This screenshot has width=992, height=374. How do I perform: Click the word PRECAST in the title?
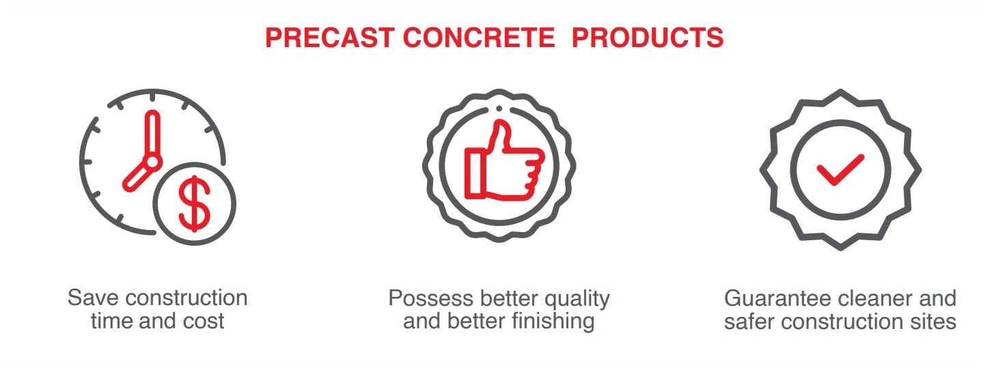329,38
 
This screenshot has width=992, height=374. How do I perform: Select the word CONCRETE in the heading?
479,38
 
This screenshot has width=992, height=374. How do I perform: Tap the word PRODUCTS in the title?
648,38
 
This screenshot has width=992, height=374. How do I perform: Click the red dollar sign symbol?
195,203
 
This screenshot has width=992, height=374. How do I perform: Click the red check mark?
840,169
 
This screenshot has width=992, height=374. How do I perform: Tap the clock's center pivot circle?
152,162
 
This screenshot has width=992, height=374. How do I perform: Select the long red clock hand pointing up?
152,133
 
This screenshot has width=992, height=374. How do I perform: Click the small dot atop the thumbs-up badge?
499,109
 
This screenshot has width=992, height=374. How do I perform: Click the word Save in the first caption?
94,298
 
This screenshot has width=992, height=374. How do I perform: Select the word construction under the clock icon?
187,298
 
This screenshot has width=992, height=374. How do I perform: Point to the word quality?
577,299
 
